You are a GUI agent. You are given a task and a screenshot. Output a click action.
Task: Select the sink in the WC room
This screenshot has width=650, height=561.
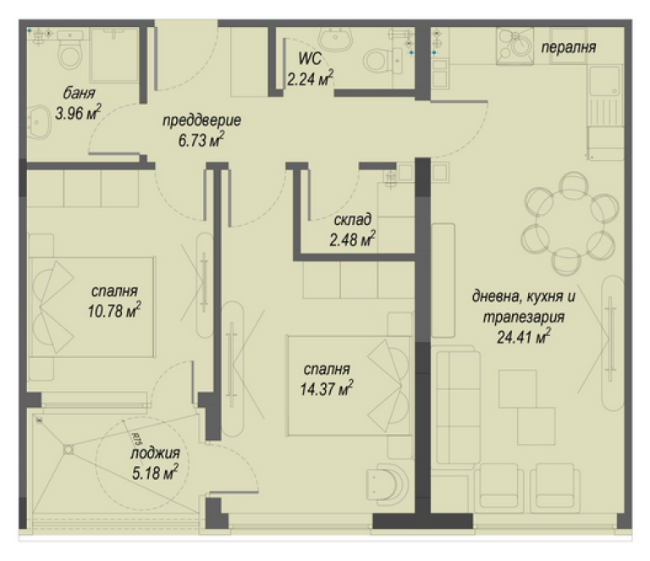(335, 39)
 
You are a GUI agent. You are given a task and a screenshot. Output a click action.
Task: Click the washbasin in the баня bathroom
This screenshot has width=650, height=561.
(39, 122)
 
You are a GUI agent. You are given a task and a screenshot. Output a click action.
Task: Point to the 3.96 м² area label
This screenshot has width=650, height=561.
(78, 113)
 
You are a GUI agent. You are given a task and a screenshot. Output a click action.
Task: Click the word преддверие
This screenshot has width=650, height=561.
(201, 120)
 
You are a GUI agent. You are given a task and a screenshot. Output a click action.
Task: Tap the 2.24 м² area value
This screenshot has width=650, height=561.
(310, 79)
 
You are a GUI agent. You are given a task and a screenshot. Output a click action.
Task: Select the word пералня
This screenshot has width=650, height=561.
(569, 47)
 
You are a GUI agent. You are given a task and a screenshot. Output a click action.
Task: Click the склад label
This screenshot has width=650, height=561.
(352, 220)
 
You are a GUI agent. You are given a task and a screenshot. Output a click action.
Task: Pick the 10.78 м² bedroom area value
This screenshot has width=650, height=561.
(114, 310)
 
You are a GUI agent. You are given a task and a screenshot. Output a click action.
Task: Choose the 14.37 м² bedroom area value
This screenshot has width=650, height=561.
(327, 388)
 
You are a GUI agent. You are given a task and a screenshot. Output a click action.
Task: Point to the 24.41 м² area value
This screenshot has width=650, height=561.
(524, 336)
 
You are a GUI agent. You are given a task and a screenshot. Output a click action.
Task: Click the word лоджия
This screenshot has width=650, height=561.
(155, 454)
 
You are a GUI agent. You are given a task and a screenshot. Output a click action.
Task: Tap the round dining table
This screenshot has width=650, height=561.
(567, 223)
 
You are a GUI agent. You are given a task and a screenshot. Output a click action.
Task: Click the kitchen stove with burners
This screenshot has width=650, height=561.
(515, 46)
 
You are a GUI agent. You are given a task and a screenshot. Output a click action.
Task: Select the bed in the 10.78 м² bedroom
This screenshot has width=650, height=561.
(91, 306)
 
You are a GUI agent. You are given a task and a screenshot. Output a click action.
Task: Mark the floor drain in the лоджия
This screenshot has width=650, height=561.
(69, 449)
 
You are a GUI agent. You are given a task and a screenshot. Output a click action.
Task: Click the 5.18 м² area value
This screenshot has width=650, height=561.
(155, 472)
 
